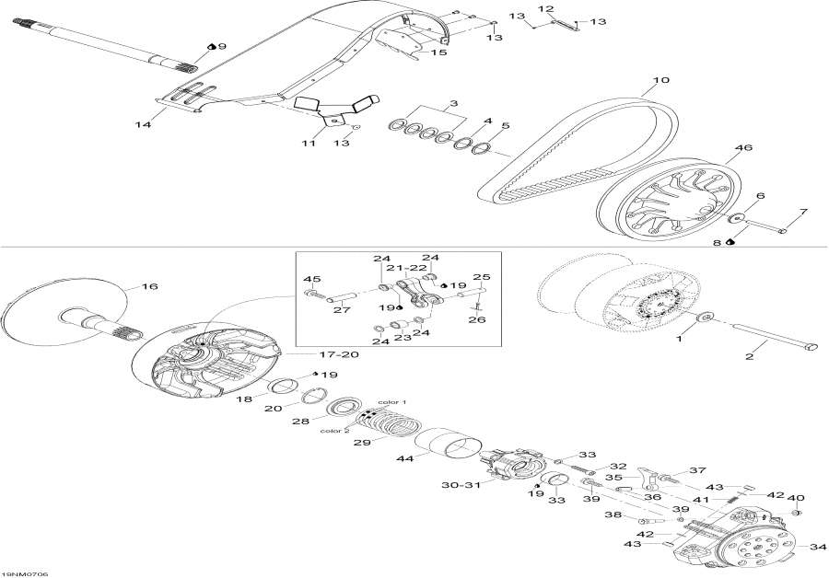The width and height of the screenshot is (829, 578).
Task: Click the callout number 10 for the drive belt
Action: click(x=661, y=80)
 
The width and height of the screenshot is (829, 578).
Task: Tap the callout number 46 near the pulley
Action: click(x=742, y=147)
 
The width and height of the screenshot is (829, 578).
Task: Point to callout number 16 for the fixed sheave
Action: click(x=149, y=287)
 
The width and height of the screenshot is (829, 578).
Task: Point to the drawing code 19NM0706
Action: click(x=26, y=573)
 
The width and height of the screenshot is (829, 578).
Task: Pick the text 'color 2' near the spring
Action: click(x=333, y=430)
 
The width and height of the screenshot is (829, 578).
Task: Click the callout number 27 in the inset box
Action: click(x=343, y=310)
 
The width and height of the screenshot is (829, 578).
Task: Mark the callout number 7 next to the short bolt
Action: click(x=802, y=212)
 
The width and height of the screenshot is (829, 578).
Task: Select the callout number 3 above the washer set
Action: click(x=453, y=104)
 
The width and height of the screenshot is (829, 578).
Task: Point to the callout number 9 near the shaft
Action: click(x=222, y=45)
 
